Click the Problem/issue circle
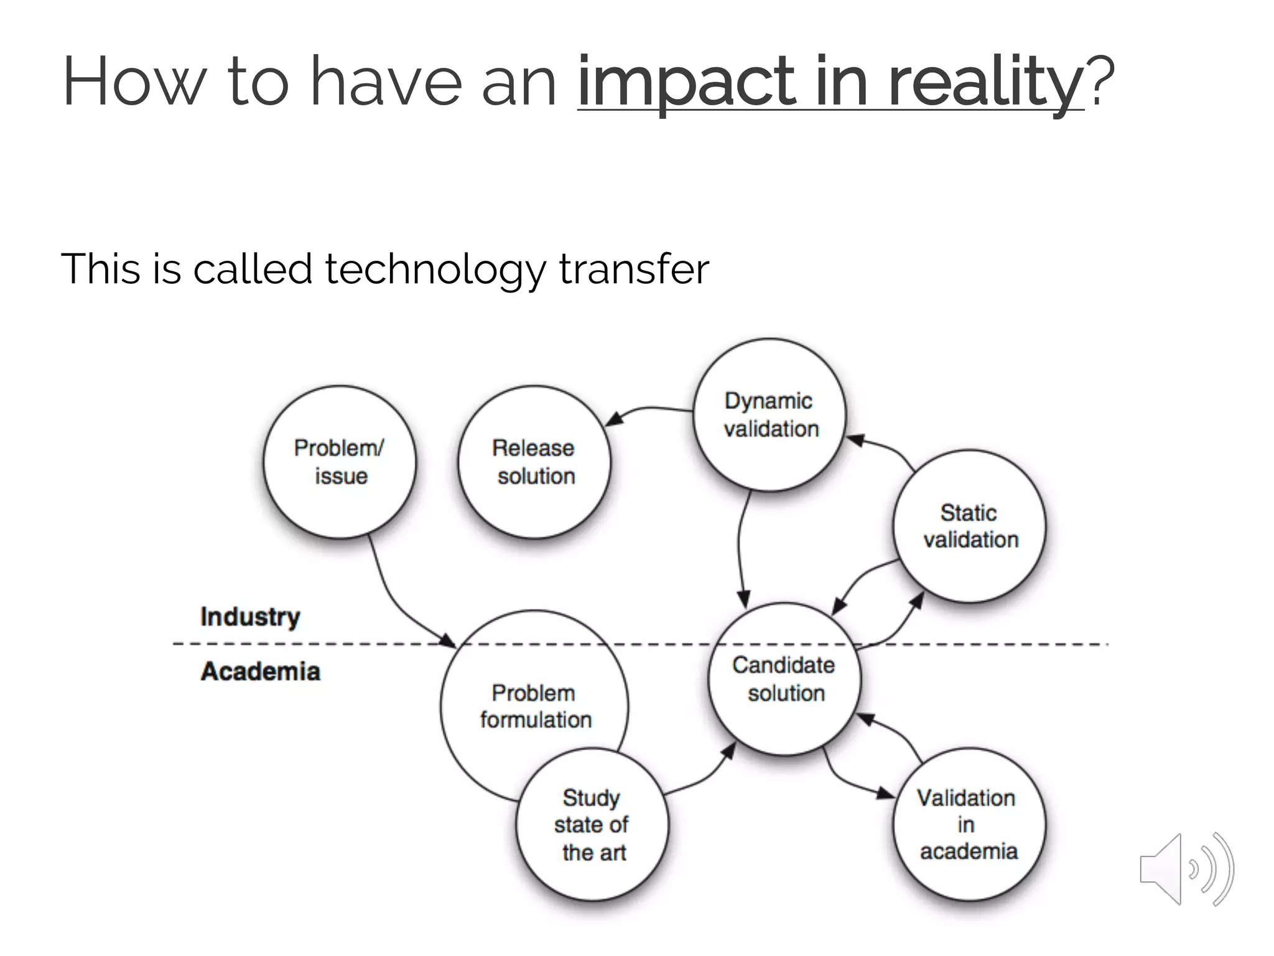click(x=340, y=462)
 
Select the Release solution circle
click(x=534, y=462)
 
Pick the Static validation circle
click(x=969, y=527)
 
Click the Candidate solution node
click(x=784, y=679)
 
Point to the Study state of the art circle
click(x=592, y=825)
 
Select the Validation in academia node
click(x=969, y=824)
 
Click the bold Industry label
click(x=250, y=617)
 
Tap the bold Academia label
click(x=261, y=672)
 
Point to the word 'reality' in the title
click(x=985, y=82)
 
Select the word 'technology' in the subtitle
click(x=435, y=269)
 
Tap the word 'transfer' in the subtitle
click(x=634, y=269)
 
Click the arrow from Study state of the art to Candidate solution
click(x=700, y=779)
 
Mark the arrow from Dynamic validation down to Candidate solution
click(x=740, y=548)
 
